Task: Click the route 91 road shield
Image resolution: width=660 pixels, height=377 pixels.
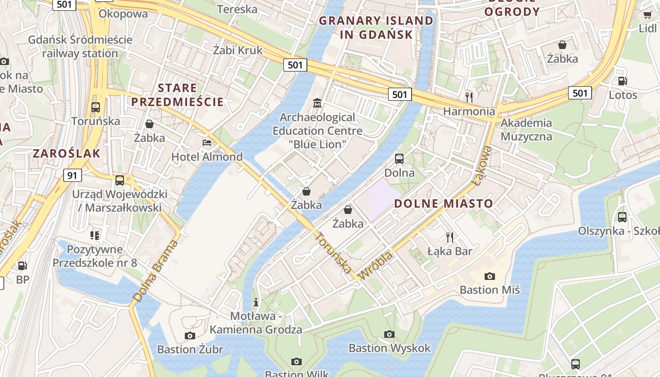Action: click(x=72, y=175)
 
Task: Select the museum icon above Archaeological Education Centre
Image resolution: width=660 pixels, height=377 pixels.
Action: click(x=317, y=103)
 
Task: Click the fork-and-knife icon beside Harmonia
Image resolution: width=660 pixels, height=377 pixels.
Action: click(x=469, y=97)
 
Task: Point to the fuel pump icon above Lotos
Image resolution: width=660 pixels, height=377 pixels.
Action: click(x=622, y=81)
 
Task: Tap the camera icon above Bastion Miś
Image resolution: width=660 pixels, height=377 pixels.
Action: click(x=490, y=276)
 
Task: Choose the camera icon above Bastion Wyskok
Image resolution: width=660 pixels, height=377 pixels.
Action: click(x=389, y=334)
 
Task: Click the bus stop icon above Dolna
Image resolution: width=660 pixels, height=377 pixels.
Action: click(x=399, y=158)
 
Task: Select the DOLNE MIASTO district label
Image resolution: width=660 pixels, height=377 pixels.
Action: click(x=444, y=204)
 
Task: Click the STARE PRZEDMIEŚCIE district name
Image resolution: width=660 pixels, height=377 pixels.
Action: click(x=177, y=95)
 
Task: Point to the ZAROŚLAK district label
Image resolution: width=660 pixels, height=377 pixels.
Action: click(x=66, y=153)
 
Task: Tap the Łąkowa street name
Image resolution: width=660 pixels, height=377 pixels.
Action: click(x=482, y=165)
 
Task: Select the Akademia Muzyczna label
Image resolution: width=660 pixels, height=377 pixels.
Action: click(x=526, y=130)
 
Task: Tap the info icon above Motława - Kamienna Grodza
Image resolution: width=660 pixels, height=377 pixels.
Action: click(x=256, y=302)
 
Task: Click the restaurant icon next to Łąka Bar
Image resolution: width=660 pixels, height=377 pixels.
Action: click(x=450, y=237)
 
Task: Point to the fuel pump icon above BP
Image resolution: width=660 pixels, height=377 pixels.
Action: click(x=22, y=266)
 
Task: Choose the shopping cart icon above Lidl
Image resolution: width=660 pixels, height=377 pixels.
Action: click(x=647, y=15)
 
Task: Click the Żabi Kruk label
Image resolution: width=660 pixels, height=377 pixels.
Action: click(x=238, y=50)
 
